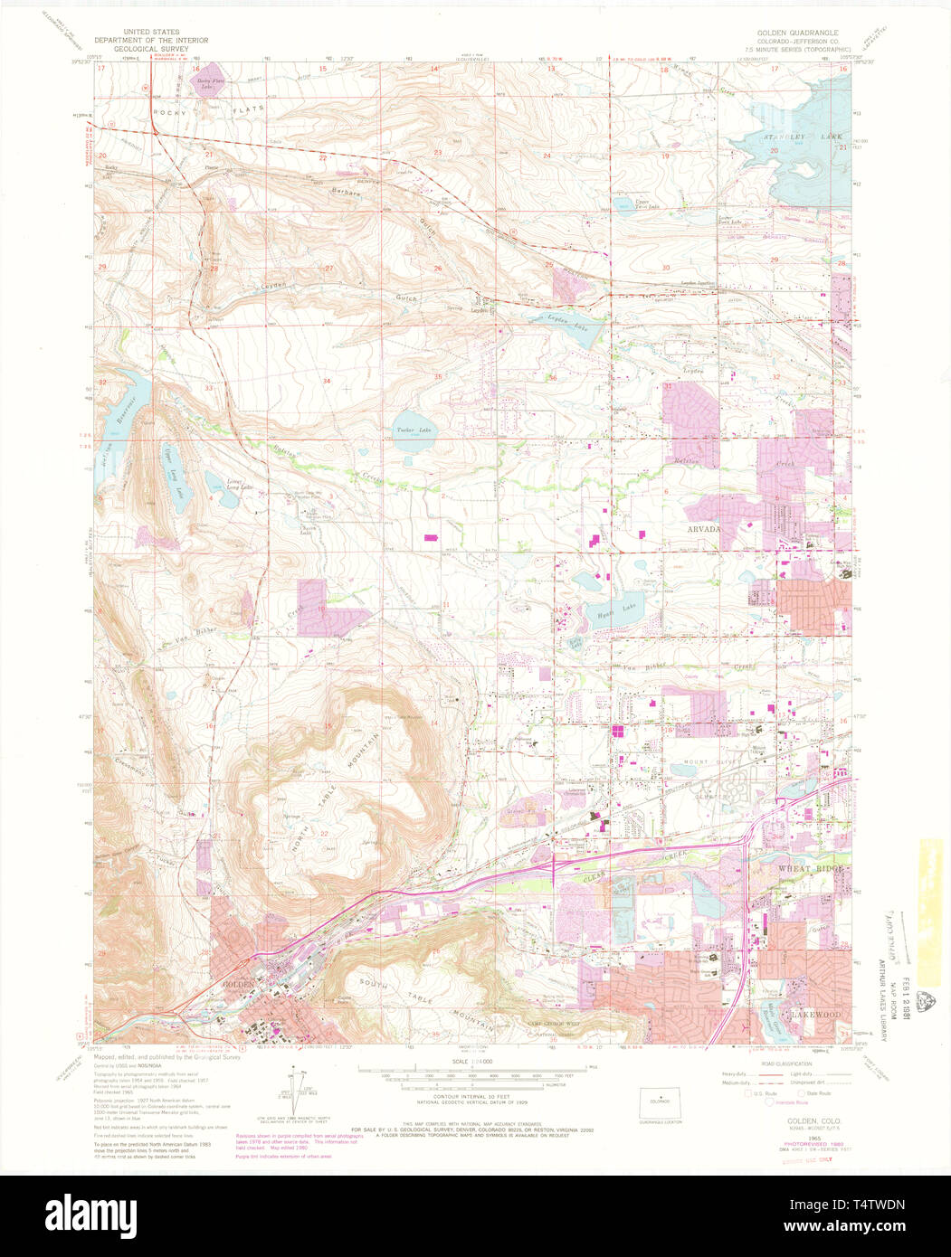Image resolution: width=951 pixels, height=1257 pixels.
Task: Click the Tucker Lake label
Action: click(x=412, y=431)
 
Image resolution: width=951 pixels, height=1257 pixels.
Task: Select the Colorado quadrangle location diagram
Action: click(x=659, y=1102)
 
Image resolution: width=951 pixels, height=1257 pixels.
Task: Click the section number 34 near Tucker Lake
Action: click(x=327, y=383)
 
